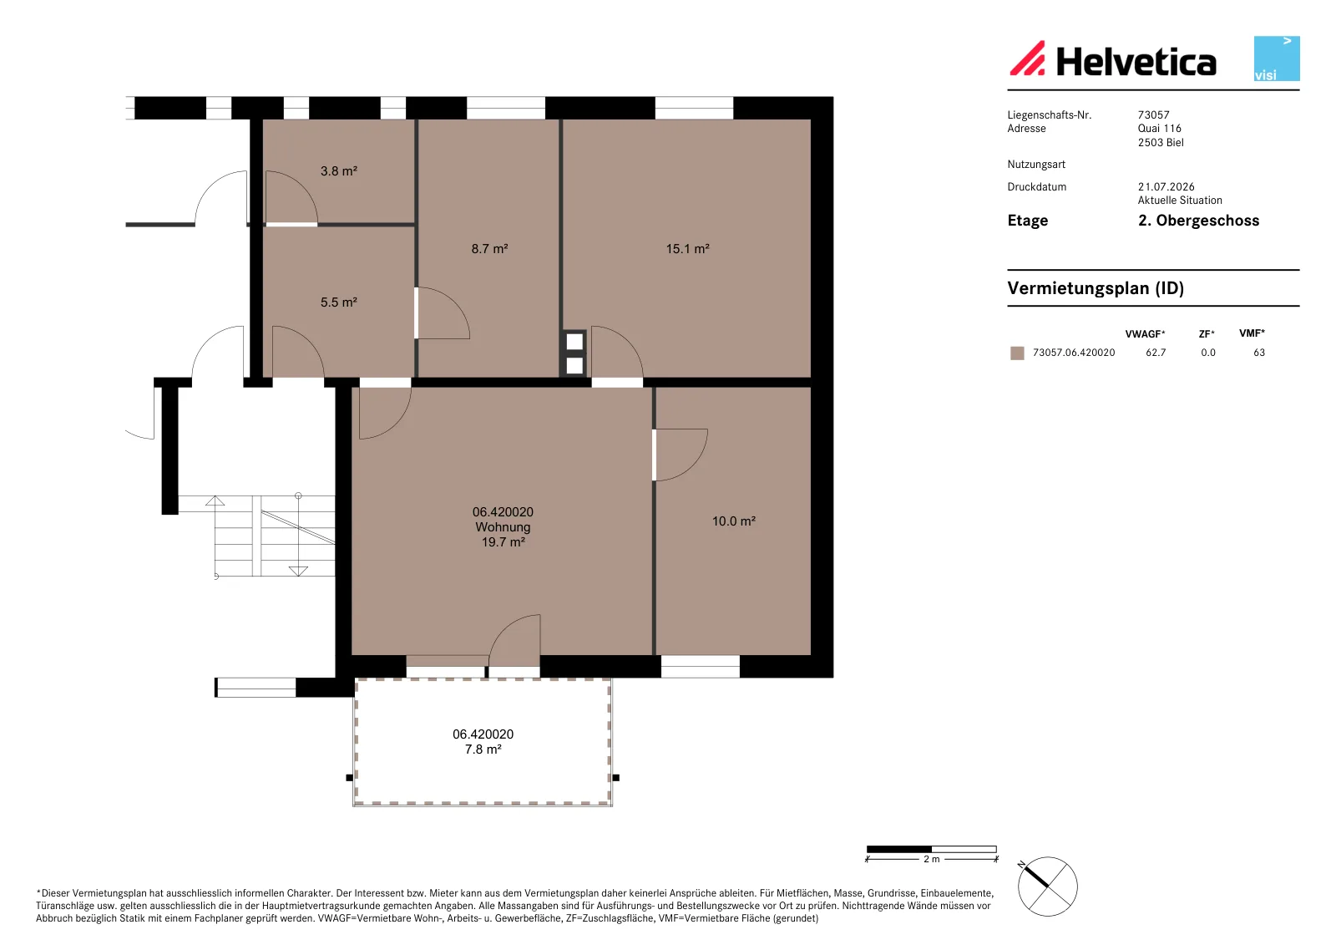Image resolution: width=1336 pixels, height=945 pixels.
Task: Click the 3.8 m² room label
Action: [339, 171]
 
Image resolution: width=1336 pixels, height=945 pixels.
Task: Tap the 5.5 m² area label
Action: [339, 302]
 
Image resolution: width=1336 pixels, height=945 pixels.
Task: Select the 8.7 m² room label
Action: [489, 249]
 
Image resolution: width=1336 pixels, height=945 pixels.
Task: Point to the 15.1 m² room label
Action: [688, 249]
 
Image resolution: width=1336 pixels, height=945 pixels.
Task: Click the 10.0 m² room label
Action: [734, 521]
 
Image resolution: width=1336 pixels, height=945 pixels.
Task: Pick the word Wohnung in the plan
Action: [503, 527]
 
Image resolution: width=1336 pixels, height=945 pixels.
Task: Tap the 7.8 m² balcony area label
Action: [483, 749]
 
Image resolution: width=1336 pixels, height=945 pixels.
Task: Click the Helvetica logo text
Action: [1136, 62]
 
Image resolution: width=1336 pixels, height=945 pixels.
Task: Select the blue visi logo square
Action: [1277, 58]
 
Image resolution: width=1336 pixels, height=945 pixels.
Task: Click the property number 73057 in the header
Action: [1153, 114]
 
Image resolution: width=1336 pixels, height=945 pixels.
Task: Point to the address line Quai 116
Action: [1160, 129]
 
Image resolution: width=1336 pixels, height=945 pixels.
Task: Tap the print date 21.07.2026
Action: [1166, 187]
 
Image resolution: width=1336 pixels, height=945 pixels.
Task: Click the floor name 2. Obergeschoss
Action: [1199, 221]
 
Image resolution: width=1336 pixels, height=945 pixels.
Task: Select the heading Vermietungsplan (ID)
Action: [1096, 288]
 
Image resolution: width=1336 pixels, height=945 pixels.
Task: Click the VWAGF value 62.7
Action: [1156, 353]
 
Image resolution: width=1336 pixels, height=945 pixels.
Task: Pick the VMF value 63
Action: [1259, 353]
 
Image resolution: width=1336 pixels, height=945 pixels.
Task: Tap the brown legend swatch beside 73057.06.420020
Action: [1018, 353]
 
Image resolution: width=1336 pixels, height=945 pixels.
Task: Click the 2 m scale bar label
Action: [932, 859]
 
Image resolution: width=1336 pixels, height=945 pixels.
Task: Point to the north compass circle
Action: [1048, 887]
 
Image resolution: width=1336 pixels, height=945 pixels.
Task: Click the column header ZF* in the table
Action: [1207, 334]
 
